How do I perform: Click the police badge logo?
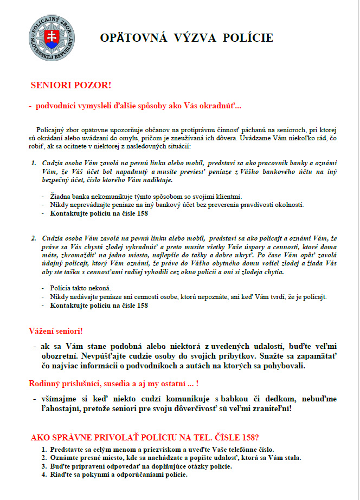pyautogui.click(x=52, y=38)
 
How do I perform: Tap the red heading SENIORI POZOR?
pyautogui.click(x=70, y=86)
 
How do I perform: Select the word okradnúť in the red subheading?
pyautogui.click(x=218, y=106)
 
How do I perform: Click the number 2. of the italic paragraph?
pyautogui.click(x=33, y=237)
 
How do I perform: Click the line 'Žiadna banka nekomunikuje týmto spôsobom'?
pyautogui.click(x=146, y=196)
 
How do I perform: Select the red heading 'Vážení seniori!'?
pyautogui.click(x=55, y=330)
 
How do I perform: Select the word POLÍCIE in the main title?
pyautogui.click(x=246, y=38)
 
